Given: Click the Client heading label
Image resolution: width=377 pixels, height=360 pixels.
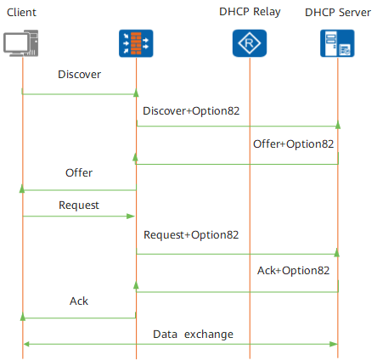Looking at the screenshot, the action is point(21,13).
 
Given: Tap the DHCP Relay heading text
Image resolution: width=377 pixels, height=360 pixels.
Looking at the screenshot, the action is point(250,12).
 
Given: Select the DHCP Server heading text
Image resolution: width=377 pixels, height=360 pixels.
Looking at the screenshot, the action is point(338,13).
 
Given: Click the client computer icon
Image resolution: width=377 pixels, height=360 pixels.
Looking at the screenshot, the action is point(21,43).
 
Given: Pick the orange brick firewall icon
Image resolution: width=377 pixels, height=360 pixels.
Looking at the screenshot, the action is point(136,43).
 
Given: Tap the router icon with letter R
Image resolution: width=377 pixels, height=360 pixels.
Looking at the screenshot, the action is point(250,43).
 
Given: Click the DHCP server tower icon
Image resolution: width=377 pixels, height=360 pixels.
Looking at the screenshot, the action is point(337,43).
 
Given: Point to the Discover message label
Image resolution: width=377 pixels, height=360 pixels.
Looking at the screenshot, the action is point(79,75).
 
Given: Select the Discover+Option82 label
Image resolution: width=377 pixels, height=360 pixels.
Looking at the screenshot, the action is point(191,111).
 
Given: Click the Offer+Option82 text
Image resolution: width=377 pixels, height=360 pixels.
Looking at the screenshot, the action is point(293,144).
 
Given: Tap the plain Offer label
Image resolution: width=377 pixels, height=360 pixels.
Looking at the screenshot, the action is point(79,172).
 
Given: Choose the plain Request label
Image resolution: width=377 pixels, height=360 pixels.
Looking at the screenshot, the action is point(79,205).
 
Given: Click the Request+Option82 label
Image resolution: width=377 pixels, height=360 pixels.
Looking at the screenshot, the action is point(191,235).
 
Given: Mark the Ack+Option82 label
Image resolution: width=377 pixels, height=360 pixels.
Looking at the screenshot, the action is point(293,271).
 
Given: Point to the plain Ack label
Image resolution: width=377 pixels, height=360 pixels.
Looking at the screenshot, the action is point(79,301).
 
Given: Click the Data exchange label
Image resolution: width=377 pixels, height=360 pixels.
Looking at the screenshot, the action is point(193,335).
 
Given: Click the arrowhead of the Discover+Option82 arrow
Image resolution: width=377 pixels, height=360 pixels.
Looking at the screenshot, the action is point(338,125).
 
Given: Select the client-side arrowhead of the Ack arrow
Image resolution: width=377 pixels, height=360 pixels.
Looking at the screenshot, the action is point(23,317).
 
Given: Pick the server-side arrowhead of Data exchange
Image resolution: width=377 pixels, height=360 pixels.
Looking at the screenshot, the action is point(334,344).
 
